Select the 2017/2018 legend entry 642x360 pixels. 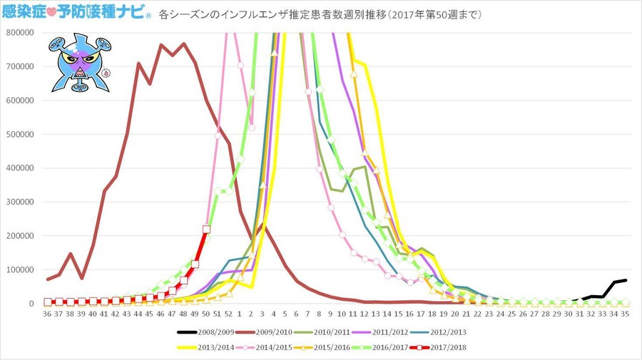pos(454,347)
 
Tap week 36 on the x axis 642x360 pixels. pos(47,314)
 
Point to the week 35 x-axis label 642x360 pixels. pos(624,314)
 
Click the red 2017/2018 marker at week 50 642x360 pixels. pos(207,229)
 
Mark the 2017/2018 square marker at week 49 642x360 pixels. pos(195,264)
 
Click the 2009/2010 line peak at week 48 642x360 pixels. pos(184,43)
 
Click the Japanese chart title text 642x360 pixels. pos(314,14)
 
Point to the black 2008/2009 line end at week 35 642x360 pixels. pos(626,280)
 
